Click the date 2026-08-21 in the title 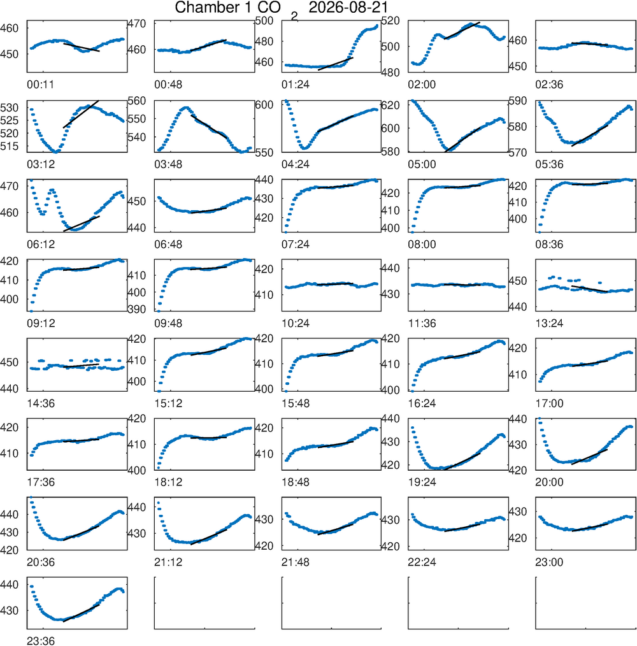348,8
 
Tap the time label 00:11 40,85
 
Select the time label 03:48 168,164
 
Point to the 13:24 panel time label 549,324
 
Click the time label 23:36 40,641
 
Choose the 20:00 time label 549,482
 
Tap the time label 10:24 296,324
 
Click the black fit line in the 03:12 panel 81,114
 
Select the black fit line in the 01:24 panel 336,64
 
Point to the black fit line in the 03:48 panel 208,126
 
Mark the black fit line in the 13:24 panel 590,289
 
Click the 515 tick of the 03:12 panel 10,147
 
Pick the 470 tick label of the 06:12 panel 10,186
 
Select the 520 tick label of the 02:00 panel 390,20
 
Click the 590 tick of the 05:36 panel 518,101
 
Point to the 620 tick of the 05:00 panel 390,105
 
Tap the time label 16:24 422,403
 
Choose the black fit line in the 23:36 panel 81,613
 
